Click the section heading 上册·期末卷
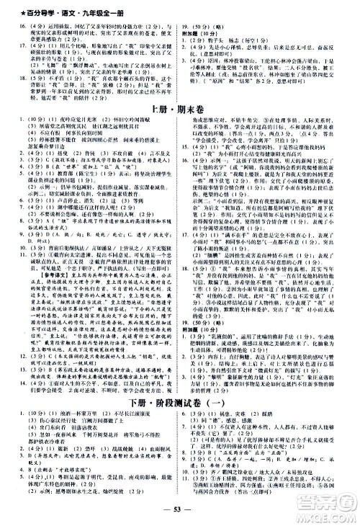tap(179, 108)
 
